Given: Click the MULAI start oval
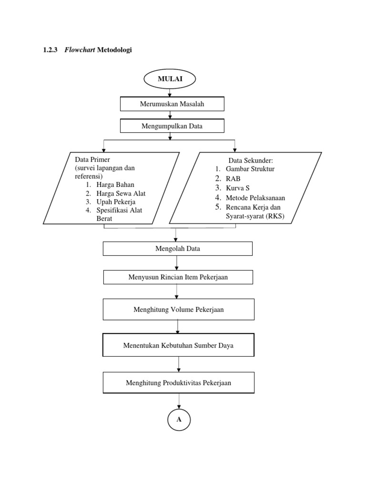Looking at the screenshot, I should coord(170,79).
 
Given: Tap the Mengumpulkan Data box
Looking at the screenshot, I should coord(172,126).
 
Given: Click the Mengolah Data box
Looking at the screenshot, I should coord(177,248).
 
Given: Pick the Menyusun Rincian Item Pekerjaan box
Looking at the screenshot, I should coord(178,277).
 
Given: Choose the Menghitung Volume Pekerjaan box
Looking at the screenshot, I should coord(178,310).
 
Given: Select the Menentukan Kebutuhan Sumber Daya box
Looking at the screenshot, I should coord(179,345).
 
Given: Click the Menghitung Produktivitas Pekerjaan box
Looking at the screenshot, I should coord(179,382).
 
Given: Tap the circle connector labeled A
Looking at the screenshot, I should coord(179,419).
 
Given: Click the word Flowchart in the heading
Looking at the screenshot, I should coord(79,50).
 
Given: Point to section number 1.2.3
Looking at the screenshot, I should coord(51,50).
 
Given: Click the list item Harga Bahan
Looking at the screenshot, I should coord(115,185).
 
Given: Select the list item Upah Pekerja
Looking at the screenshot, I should coord(116,202).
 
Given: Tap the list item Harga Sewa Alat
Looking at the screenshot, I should coord(121,193).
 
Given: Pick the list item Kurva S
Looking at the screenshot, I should coord(237,188).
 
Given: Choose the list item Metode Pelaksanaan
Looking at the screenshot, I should coord(255,197).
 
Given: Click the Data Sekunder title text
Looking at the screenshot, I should coord(250,161).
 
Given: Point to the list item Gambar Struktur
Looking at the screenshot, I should coord(250,169).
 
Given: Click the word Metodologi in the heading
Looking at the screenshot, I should coord(114,50).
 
